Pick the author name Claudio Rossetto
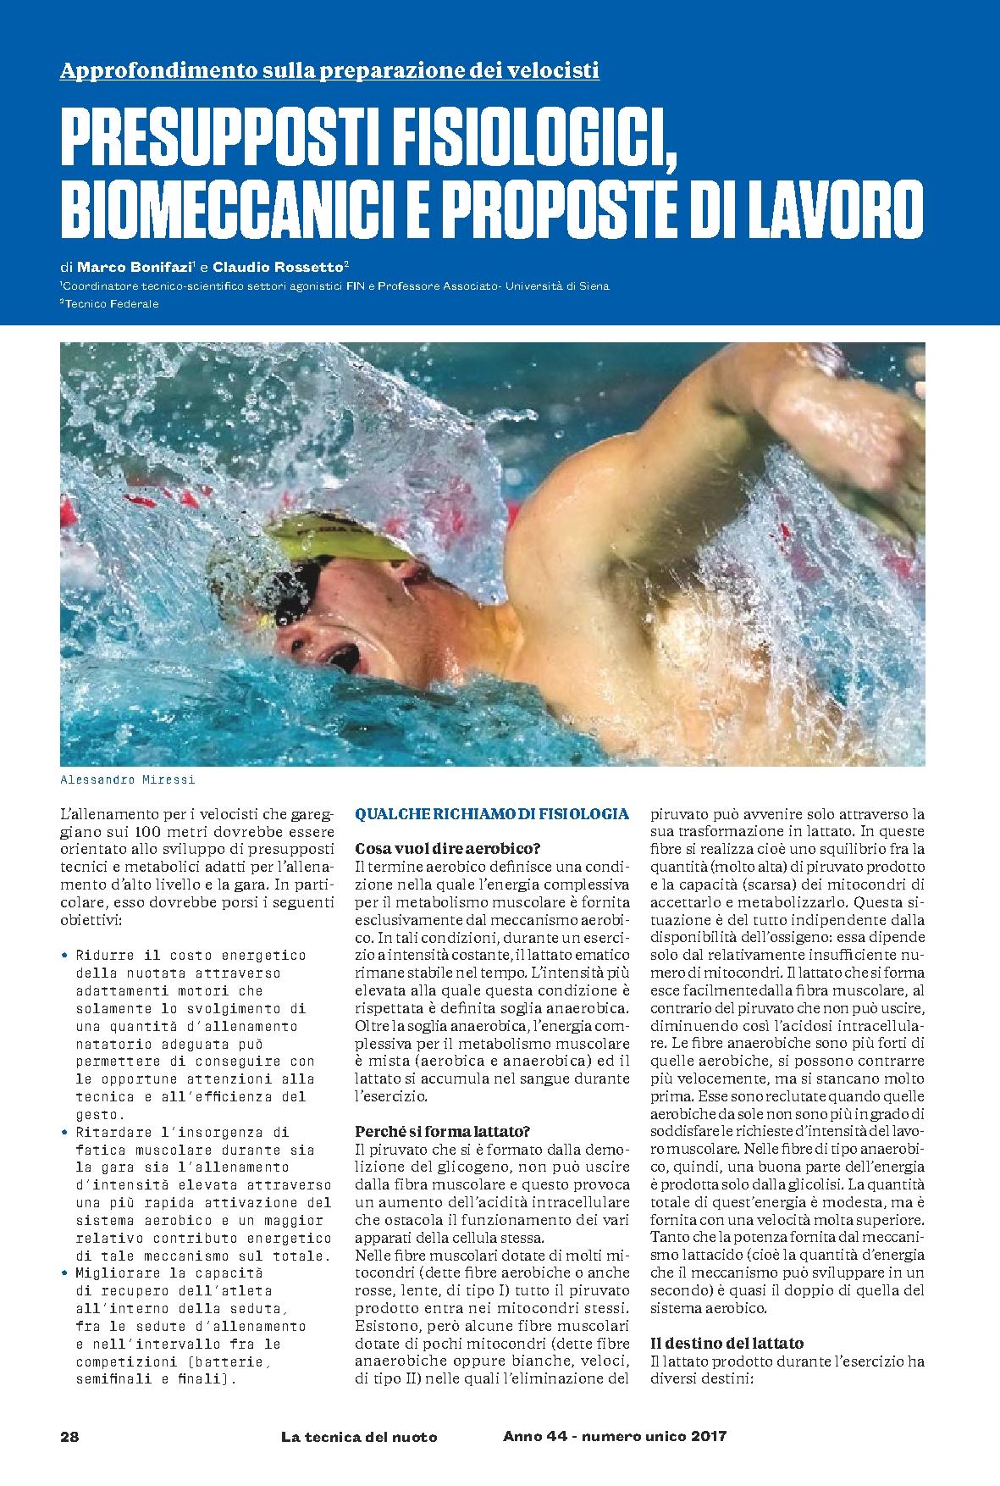click(x=275, y=266)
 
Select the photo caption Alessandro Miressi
click(x=127, y=779)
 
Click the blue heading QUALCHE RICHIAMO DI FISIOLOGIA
click(x=491, y=814)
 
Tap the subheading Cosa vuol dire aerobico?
click(x=447, y=849)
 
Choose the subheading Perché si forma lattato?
click(x=442, y=1132)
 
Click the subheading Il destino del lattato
click(x=727, y=1343)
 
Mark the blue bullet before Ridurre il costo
click(x=64, y=955)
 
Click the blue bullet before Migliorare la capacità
click(x=64, y=1273)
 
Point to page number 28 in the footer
click(x=69, y=1436)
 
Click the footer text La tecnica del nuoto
click(x=359, y=1436)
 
